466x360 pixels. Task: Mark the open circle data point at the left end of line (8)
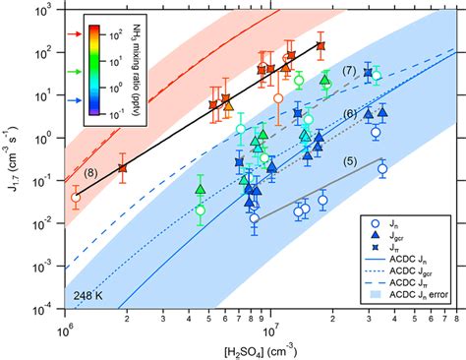76,198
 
